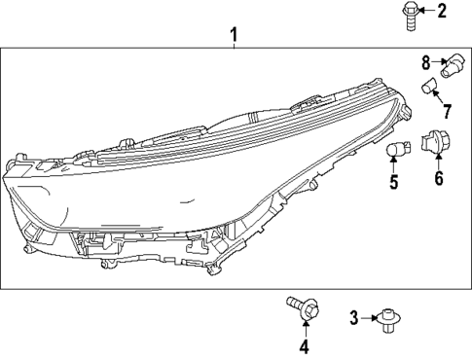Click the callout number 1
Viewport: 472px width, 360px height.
[x=234, y=36]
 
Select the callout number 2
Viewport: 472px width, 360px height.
[x=441, y=12]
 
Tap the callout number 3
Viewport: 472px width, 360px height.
[x=355, y=316]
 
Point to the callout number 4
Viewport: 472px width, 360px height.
[x=304, y=346]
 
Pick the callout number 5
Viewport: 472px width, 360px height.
[x=393, y=180]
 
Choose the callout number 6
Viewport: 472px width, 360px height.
[x=438, y=179]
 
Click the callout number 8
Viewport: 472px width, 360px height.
[x=425, y=62]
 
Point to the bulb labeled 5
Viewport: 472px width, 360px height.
[x=395, y=150]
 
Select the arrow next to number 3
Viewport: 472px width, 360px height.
[x=369, y=316]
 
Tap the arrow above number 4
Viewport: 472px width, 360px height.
[x=304, y=329]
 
